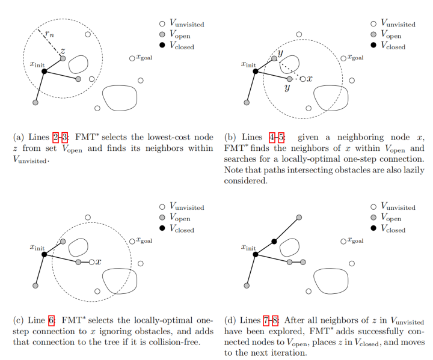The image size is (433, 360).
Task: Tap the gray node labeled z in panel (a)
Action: pos(63,58)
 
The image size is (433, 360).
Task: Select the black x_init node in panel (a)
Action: pos(45,71)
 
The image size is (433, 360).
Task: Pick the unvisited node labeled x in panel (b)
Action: pos(302,79)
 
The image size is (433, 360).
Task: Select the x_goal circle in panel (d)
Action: pos(343,242)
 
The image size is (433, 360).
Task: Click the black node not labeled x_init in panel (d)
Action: pos(274,242)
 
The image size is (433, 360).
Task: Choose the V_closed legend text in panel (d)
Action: pos(393,230)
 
